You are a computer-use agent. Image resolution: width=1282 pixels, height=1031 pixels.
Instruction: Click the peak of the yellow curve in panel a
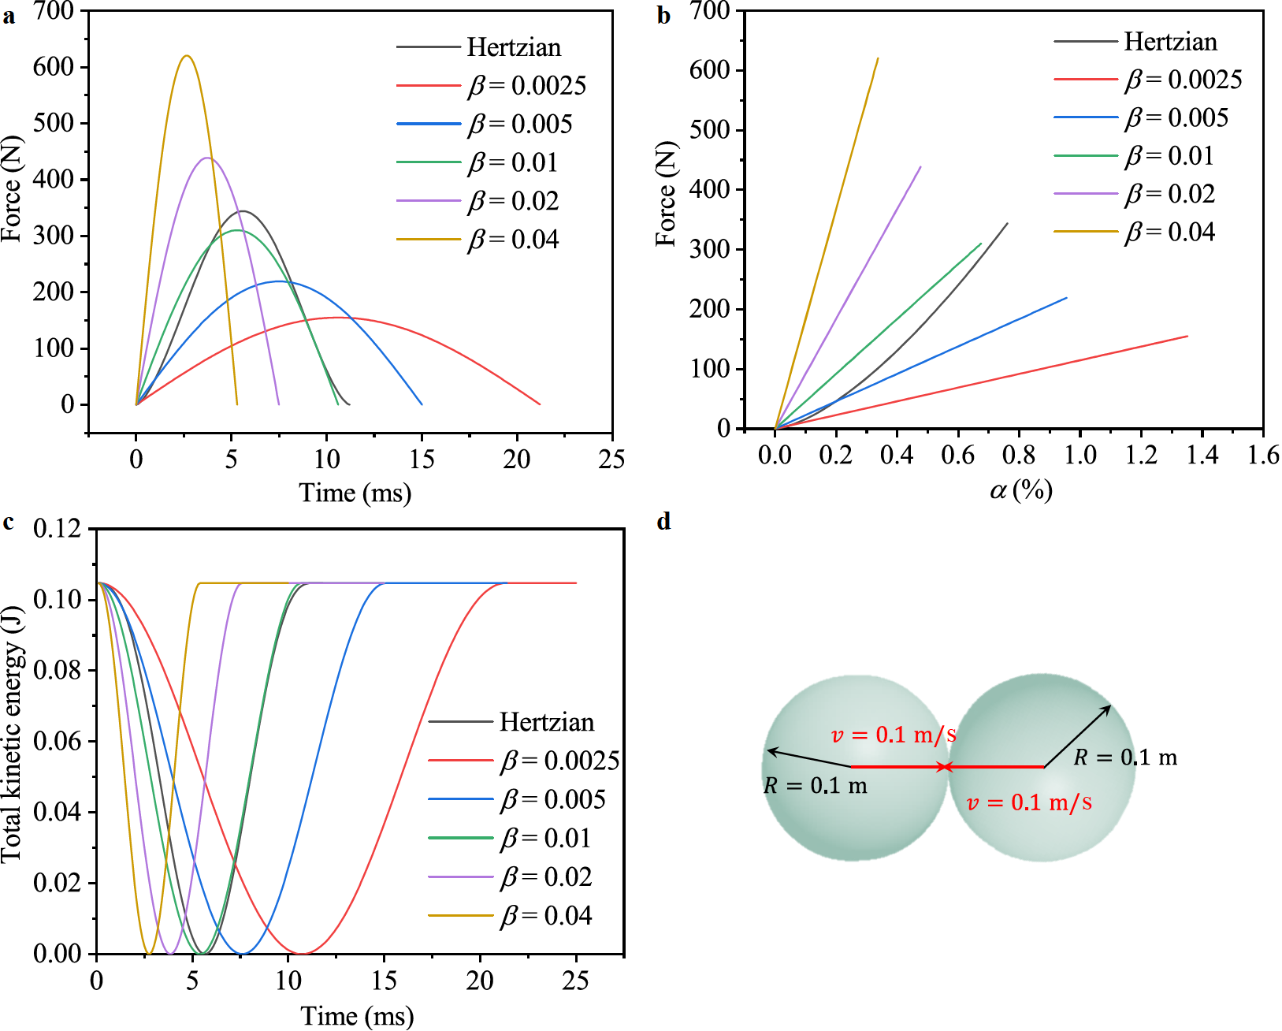tap(187, 56)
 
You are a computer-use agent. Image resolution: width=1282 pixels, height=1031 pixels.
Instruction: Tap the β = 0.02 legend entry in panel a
tap(513, 201)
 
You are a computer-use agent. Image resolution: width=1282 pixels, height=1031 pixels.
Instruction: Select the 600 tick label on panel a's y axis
tap(54, 67)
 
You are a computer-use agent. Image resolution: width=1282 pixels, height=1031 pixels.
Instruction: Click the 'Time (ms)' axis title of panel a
tap(355, 493)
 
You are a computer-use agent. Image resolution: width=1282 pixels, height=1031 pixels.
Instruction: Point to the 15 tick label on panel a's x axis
tap(422, 460)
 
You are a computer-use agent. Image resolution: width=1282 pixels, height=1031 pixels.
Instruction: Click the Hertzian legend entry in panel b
tap(1170, 41)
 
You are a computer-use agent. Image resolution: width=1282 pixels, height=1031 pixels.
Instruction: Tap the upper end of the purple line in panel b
tap(920, 167)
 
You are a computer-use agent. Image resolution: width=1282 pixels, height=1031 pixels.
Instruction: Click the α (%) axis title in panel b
tap(1021, 490)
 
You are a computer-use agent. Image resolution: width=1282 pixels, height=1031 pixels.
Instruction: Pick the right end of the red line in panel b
tap(1187, 337)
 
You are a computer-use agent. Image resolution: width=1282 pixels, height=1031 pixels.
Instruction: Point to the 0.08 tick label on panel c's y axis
tap(58, 671)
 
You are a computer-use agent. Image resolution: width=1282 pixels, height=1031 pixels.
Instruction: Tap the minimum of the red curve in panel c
tap(303, 954)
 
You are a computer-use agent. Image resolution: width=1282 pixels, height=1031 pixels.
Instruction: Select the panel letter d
tap(664, 522)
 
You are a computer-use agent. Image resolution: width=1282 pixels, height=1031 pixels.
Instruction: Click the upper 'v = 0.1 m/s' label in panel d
tap(894, 735)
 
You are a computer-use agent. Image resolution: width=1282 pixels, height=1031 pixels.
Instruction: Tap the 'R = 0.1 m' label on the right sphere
tap(1125, 758)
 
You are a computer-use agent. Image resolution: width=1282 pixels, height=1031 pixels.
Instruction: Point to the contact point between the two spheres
tap(947, 767)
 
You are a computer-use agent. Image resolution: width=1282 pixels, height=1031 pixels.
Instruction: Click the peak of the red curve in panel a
tap(337, 318)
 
